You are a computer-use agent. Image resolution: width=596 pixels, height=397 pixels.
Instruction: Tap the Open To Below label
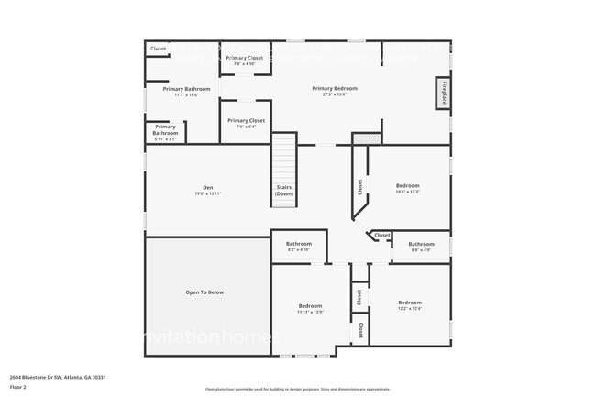(x=204, y=292)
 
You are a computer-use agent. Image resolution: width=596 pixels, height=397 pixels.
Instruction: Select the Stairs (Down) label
(x=284, y=191)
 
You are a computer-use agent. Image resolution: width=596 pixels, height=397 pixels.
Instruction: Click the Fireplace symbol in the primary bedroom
(x=443, y=94)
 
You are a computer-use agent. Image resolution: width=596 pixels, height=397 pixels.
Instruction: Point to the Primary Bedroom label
(x=334, y=88)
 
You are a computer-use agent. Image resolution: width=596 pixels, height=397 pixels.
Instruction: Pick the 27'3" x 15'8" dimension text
(x=334, y=94)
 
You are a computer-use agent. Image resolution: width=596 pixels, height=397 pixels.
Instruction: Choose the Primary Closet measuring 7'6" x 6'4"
(x=246, y=123)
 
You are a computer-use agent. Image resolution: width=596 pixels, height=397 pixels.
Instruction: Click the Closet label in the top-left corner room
(x=159, y=49)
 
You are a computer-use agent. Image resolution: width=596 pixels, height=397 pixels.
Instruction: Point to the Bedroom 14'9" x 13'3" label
(x=407, y=188)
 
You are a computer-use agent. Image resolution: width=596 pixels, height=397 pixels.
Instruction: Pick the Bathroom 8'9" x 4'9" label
(x=422, y=245)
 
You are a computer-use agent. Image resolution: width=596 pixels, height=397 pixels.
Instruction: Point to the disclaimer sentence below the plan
(x=298, y=389)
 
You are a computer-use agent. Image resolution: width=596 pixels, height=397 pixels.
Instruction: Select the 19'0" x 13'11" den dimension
(x=208, y=193)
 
